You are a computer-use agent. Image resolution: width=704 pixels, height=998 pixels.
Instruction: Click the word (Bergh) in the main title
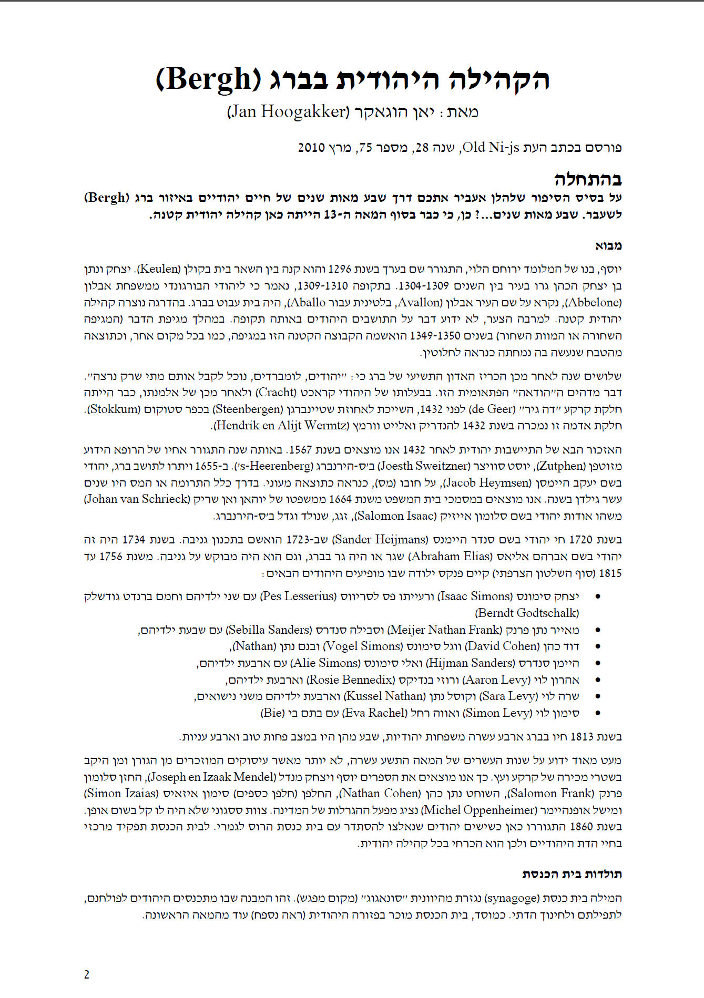208,80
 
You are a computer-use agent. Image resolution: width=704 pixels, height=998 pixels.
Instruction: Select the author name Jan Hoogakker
288,112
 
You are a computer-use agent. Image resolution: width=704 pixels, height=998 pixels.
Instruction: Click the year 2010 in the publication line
311,148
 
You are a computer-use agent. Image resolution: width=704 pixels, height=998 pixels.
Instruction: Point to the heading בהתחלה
588,179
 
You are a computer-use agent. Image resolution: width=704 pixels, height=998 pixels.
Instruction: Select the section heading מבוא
608,245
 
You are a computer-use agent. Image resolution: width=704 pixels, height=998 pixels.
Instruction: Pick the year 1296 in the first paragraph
339,270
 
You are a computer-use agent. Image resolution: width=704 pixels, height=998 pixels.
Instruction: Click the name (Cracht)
276,393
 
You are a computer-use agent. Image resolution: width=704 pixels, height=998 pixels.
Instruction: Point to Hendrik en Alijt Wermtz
281,426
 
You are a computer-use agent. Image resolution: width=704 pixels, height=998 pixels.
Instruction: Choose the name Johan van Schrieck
137,499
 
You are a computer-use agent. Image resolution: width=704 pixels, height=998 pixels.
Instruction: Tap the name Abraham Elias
451,557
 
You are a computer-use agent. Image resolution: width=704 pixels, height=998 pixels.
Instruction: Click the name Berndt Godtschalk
527,613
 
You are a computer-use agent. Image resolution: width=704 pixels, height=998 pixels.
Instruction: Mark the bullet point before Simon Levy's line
597,713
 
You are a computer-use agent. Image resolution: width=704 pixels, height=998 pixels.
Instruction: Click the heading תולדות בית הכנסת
572,874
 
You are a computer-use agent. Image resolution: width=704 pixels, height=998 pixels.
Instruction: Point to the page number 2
87,975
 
